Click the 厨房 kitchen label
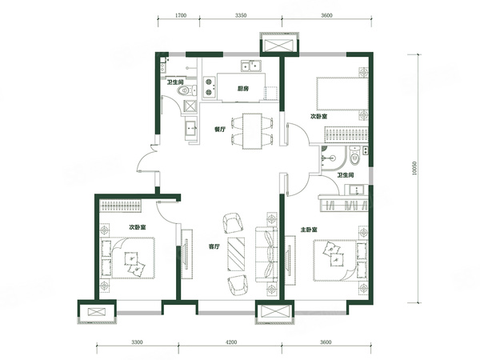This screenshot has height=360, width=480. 243,89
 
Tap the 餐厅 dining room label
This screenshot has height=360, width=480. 219,129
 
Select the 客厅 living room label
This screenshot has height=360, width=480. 214,246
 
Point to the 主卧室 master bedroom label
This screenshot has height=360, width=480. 309,230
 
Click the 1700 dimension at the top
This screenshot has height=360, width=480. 182,15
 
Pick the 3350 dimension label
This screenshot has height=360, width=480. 241,15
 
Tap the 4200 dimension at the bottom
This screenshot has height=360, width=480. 231,342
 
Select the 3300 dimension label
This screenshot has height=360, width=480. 137,342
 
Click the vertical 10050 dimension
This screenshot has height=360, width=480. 414,168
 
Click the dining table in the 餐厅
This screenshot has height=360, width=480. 252,131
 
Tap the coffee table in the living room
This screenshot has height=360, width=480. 236,254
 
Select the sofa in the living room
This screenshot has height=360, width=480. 266,254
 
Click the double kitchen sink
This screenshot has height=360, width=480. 250,66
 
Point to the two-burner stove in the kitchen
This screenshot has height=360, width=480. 209,87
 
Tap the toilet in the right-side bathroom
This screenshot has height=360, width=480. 354,156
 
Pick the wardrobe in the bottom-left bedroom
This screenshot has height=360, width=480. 121,206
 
